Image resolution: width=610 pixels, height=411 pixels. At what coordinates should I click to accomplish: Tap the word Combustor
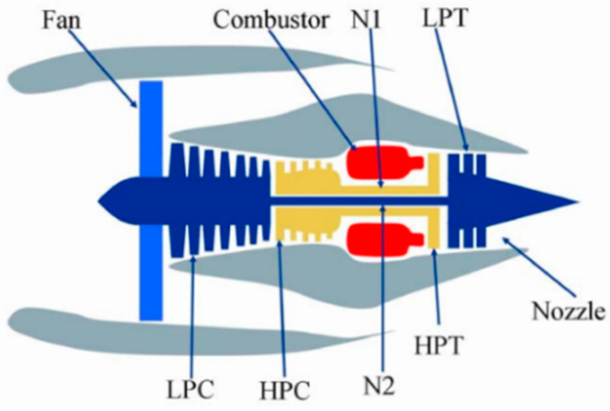pos(271,19)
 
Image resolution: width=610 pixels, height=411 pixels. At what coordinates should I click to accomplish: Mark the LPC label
pos(190,389)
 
